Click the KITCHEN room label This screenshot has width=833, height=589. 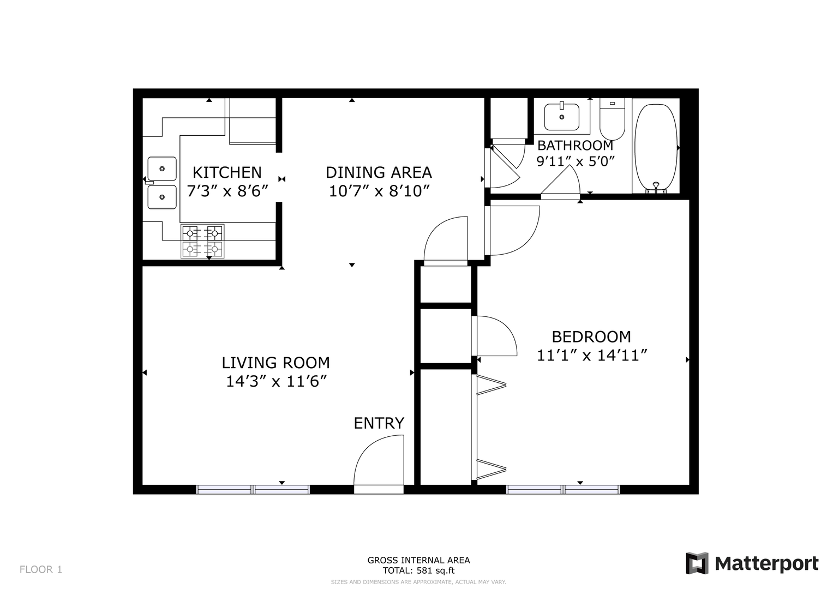click(227, 172)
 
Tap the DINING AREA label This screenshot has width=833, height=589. click(379, 172)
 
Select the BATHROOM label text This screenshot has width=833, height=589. click(576, 146)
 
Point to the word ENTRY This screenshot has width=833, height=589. click(379, 423)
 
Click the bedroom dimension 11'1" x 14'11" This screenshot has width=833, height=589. click(592, 356)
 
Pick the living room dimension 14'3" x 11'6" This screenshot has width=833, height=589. click(277, 382)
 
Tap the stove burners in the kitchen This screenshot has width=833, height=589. click(203, 241)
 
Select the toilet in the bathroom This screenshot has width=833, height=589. click(612, 119)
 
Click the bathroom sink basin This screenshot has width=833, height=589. click(561, 117)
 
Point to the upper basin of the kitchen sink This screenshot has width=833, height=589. click(162, 169)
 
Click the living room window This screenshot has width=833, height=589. click(253, 490)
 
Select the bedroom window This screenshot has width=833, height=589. click(563, 490)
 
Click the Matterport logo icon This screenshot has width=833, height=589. click(697, 563)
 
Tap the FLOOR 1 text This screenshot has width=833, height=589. click(41, 570)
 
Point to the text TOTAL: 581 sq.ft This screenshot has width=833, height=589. click(419, 571)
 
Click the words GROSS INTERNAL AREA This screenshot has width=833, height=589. click(419, 561)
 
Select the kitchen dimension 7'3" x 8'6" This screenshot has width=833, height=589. click(227, 191)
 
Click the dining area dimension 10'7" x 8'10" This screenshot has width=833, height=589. click(379, 191)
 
